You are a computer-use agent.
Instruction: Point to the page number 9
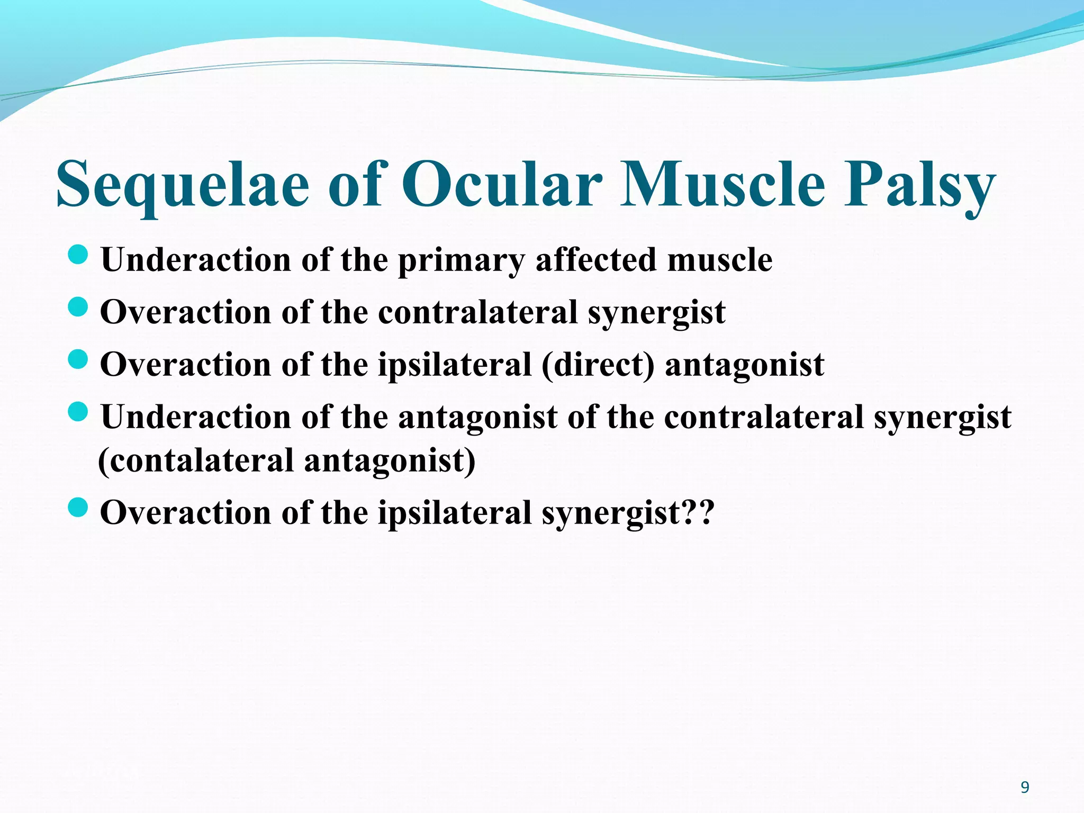pos(1025,788)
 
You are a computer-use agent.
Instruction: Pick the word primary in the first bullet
pos(461,260)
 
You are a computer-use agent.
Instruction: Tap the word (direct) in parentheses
pos(598,365)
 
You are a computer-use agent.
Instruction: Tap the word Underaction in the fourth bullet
pos(196,417)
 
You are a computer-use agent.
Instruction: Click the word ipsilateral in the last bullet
pos(454,513)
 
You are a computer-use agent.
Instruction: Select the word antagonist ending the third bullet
pos(744,365)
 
